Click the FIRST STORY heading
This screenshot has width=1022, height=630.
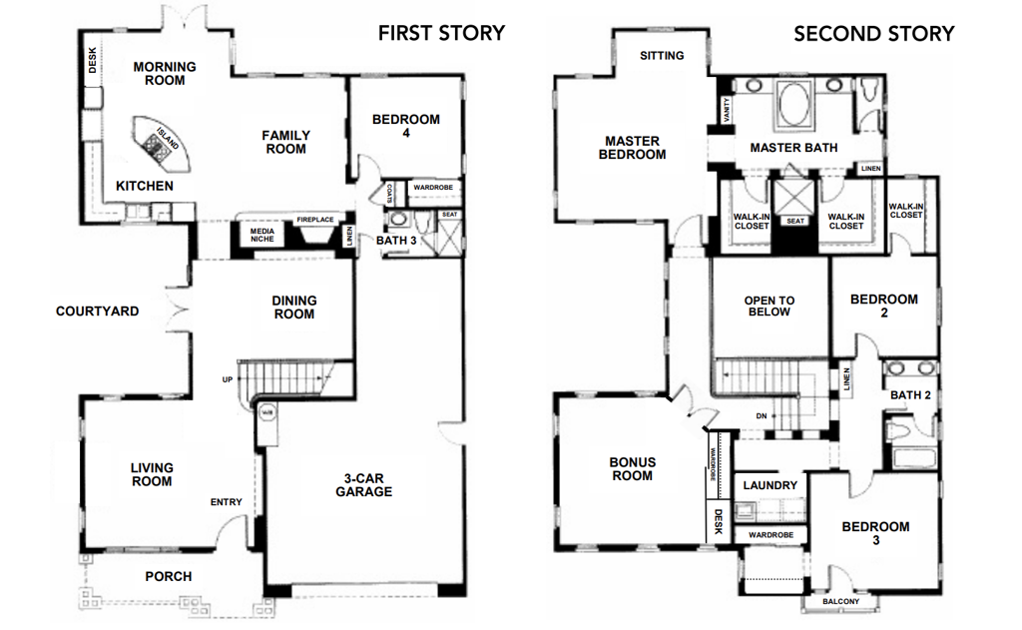coord(441,33)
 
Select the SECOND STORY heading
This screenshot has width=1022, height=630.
coord(873,33)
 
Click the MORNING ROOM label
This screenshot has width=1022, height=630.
coord(165,74)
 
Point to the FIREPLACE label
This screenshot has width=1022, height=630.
coord(314,221)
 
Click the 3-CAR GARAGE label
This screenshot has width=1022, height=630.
coord(363,484)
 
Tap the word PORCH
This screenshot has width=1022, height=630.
coord(168,576)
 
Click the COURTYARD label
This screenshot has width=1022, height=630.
coord(97,312)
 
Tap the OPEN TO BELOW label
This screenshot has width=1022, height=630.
coord(769,306)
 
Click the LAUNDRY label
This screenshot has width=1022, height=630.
coord(770,485)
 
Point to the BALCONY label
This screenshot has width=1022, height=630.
coord(839,602)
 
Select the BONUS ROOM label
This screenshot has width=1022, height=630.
coord(632,468)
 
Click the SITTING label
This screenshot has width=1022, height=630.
coord(662,56)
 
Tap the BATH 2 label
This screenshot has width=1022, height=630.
coord(910,395)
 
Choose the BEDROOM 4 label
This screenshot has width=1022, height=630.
coord(405,126)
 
